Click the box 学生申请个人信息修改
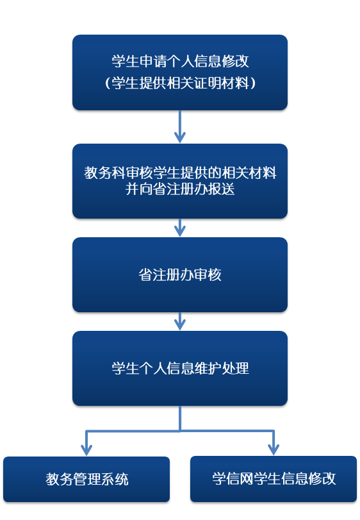tap(180, 72)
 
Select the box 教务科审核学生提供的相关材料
tap(180, 181)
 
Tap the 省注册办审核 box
tap(180, 274)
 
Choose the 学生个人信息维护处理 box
tap(180, 368)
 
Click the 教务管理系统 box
tap(86, 479)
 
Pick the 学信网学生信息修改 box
tap(274, 478)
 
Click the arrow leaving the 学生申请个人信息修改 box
tap(180, 127)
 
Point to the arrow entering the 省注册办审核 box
tap(180, 228)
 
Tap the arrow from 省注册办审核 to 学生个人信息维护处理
tap(180, 321)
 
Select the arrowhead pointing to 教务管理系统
tap(86, 450)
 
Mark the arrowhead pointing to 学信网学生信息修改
tap(274, 449)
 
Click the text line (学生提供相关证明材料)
tap(180, 83)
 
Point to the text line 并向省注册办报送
tap(180, 189)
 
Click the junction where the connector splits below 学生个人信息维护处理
tap(180, 431)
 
